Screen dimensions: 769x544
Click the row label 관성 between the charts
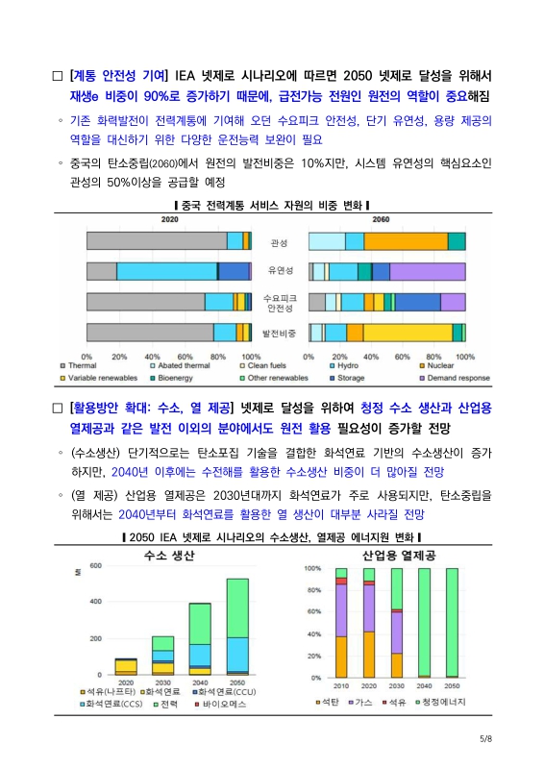[x=280, y=242]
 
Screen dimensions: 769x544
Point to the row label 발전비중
[x=280, y=333]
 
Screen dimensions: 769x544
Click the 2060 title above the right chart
[x=381, y=220]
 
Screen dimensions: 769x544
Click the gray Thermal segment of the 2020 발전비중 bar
[x=149, y=333]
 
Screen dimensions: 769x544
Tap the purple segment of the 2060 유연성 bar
[x=428, y=271]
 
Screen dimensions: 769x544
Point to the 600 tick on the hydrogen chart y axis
[x=95, y=565]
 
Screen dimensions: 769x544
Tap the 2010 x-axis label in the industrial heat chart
[x=340, y=686]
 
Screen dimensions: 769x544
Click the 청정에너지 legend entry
[x=441, y=703]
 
